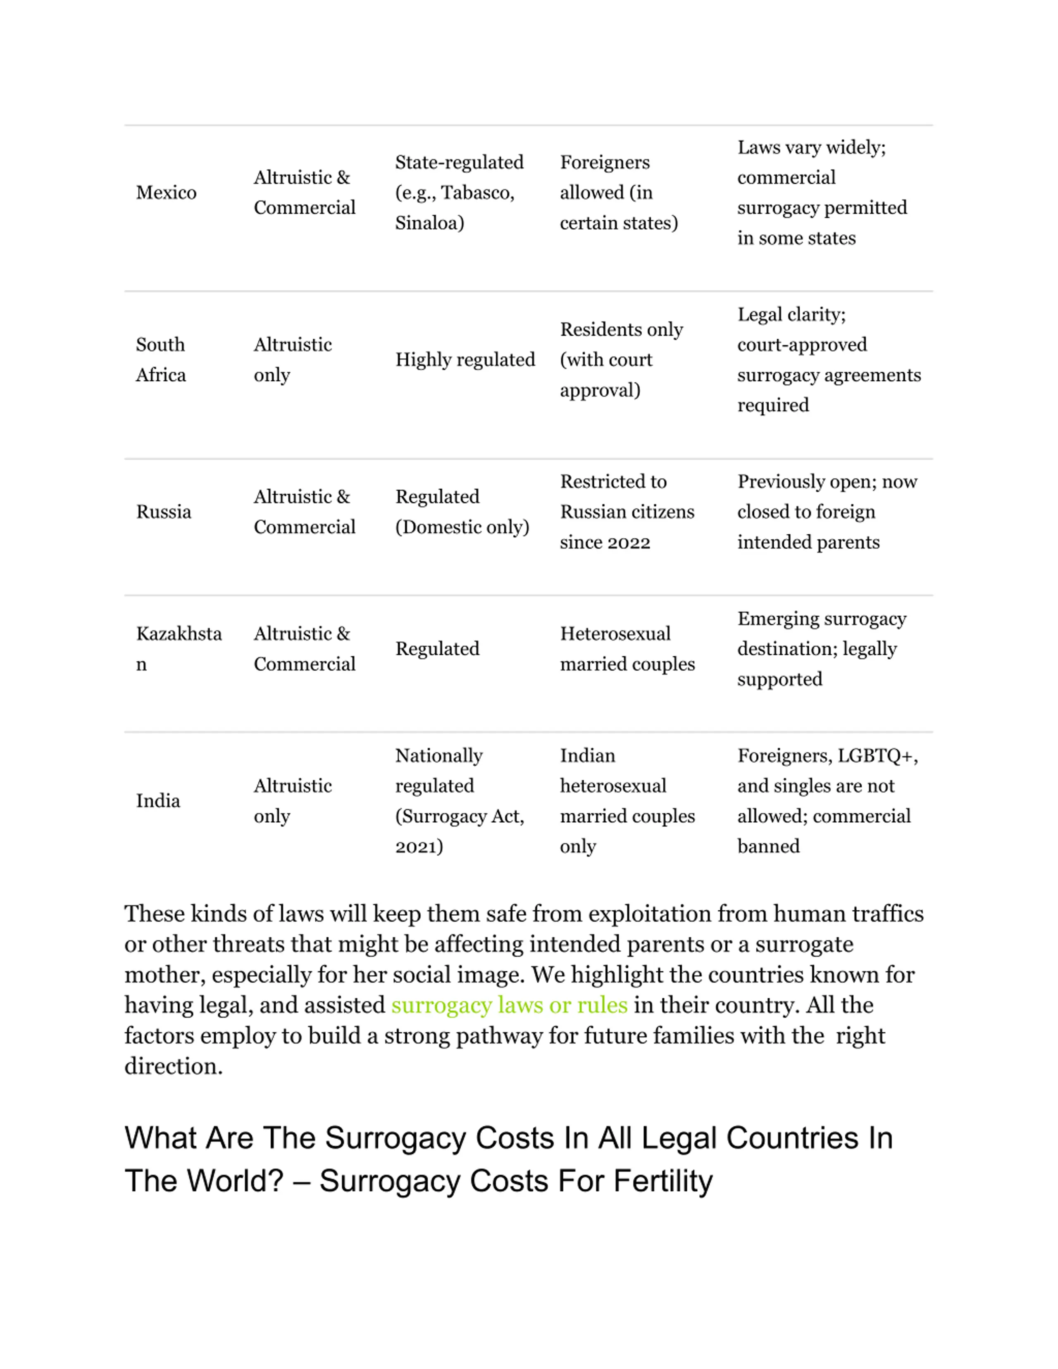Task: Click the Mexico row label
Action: pos(166,193)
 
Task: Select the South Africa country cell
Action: pos(161,360)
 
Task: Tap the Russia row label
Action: pos(164,512)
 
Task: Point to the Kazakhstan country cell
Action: pos(179,649)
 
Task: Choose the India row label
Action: pos(158,801)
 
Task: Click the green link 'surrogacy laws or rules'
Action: pos(509,1005)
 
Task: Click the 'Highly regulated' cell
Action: pos(465,360)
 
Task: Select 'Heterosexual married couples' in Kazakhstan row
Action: pos(627,649)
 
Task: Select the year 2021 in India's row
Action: pos(418,847)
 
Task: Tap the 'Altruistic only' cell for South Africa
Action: pos(293,360)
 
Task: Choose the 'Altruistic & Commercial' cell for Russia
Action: pos(305,512)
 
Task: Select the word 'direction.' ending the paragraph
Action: pos(174,1066)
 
